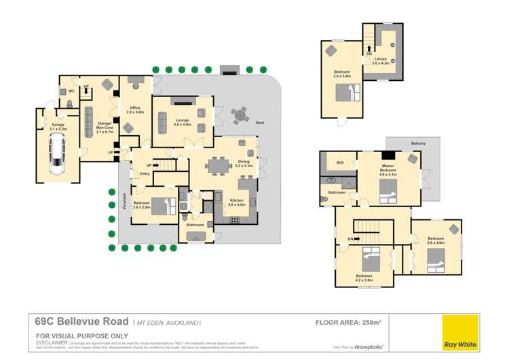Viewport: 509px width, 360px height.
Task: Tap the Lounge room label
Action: click(x=181, y=122)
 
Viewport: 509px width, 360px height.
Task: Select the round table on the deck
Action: click(x=239, y=116)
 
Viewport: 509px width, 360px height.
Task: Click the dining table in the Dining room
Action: click(x=219, y=164)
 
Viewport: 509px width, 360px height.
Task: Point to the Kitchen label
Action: click(x=236, y=201)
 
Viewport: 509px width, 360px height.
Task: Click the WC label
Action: click(x=72, y=91)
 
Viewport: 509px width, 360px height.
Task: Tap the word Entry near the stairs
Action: click(x=145, y=175)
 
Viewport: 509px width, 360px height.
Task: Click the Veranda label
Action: click(x=124, y=201)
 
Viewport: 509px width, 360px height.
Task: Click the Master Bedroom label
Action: click(x=388, y=168)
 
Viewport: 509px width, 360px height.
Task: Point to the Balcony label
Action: click(x=418, y=143)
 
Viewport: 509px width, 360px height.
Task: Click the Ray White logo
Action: click(x=461, y=332)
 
